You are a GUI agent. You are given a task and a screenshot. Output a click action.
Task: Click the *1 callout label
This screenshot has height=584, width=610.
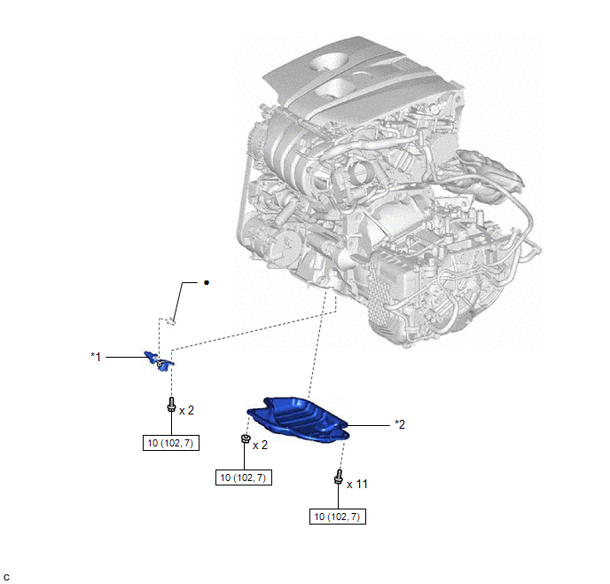pyautogui.click(x=96, y=357)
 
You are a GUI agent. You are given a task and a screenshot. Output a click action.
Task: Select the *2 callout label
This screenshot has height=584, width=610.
pyautogui.click(x=400, y=424)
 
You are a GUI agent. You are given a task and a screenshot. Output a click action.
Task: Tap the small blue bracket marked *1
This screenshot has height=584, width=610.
pyautogui.click(x=159, y=361)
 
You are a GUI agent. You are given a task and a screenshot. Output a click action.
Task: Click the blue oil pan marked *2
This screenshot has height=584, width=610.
pyautogui.click(x=299, y=420)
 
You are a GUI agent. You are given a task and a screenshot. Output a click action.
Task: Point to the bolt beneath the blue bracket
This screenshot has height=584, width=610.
pyautogui.click(x=171, y=405)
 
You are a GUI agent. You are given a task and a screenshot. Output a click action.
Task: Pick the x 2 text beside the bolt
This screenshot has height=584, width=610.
pyautogui.click(x=186, y=410)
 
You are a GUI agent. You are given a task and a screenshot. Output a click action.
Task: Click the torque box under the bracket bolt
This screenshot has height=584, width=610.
pyautogui.click(x=171, y=443)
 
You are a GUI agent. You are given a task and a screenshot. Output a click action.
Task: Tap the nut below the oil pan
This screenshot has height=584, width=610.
pyautogui.click(x=245, y=438)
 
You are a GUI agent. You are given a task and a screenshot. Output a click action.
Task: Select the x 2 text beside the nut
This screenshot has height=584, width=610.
pyautogui.click(x=261, y=445)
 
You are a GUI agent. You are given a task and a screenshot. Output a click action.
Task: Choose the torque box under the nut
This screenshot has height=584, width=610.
pyautogui.click(x=244, y=477)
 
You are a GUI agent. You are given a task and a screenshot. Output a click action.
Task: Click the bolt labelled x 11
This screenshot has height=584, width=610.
pyautogui.click(x=338, y=477)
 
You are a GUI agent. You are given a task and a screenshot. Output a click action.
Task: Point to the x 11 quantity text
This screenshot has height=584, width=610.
pyautogui.click(x=356, y=485)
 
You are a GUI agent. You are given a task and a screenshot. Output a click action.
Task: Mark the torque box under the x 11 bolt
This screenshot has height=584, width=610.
pyautogui.click(x=337, y=517)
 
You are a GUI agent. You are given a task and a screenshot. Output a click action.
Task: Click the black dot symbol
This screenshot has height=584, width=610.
pyautogui.click(x=207, y=282)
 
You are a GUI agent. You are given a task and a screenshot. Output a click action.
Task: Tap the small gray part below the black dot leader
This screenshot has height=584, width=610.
pyautogui.click(x=170, y=322)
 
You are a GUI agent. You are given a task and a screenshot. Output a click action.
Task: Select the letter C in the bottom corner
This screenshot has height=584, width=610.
pyautogui.click(x=6, y=578)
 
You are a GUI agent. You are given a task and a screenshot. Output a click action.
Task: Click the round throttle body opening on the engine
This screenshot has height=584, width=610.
pyautogui.click(x=361, y=171)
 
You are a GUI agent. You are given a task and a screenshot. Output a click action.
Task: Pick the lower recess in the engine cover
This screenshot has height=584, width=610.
pyautogui.click(x=333, y=86)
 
